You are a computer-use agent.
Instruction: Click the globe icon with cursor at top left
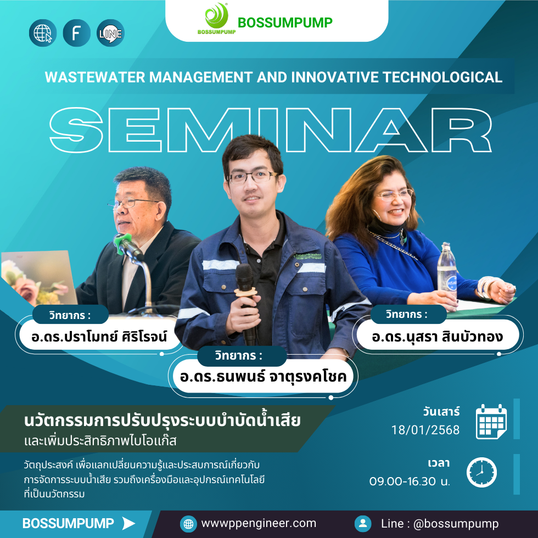click(x=43, y=33)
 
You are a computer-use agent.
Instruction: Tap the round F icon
click(x=76, y=33)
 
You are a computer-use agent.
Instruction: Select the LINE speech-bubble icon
click(x=110, y=33)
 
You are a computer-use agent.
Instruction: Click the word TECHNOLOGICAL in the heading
click(x=442, y=77)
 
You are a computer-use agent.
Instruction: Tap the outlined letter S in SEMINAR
click(x=76, y=130)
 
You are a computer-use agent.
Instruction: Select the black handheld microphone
click(x=246, y=302)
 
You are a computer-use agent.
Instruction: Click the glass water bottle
click(x=447, y=270)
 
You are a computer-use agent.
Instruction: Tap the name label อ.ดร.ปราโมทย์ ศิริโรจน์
click(x=99, y=336)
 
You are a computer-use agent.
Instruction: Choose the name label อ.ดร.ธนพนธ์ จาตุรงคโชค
click(x=263, y=377)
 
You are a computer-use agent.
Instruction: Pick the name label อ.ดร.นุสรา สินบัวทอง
click(x=438, y=336)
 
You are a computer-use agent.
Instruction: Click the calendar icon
click(x=491, y=422)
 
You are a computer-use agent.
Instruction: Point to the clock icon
click(x=481, y=472)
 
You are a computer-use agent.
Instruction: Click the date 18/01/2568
click(x=425, y=430)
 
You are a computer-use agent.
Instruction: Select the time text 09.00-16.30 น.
click(x=410, y=481)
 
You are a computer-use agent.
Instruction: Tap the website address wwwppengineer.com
click(x=259, y=523)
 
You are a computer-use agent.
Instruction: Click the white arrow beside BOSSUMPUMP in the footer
click(x=128, y=523)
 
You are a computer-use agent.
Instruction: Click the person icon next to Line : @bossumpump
click(x=363, y=524)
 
